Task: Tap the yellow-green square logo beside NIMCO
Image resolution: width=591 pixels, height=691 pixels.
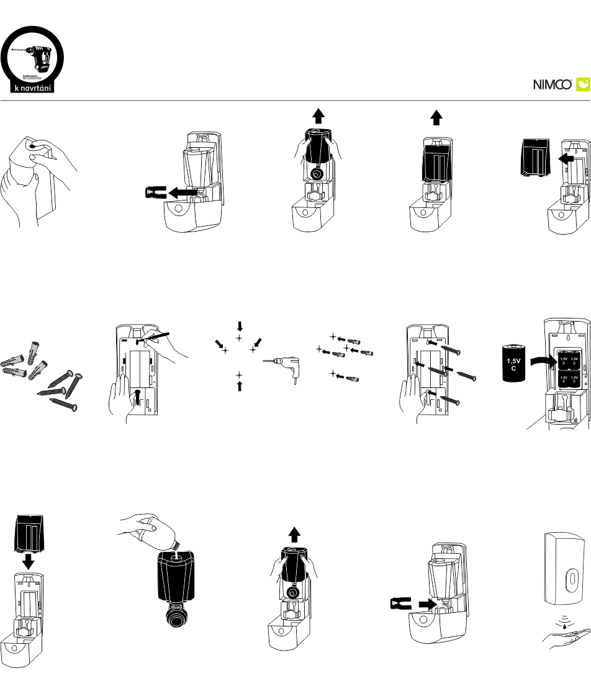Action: click(x=583, y=84)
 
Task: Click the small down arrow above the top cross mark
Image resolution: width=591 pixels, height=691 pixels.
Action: click(x=240, y=325)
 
